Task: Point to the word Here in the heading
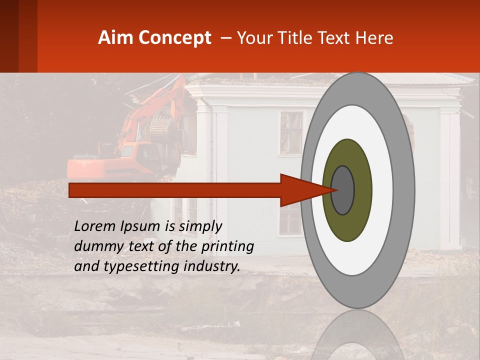(373, 38)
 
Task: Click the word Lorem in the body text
(94, 226)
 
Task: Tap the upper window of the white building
(291, 132)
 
